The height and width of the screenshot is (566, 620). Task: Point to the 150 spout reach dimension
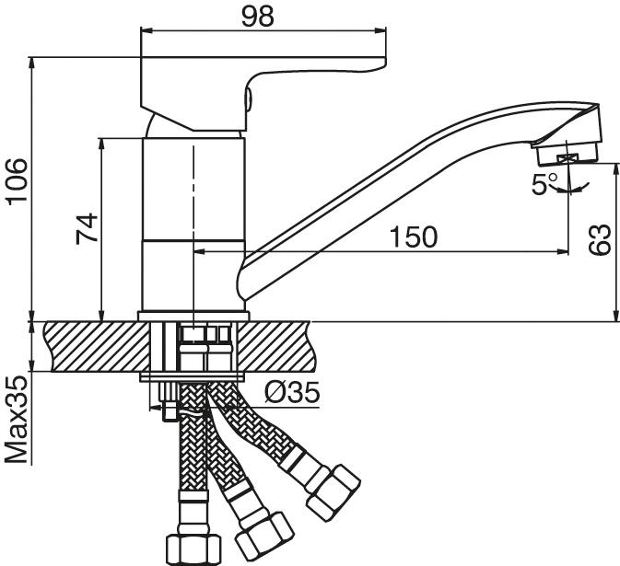point(413,237)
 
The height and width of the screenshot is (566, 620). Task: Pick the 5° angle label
point(544,184)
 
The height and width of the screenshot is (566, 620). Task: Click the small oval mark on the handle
point(248,97)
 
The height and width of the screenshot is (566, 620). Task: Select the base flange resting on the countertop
point(193,316)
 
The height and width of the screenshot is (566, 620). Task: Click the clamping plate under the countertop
point(193,377)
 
